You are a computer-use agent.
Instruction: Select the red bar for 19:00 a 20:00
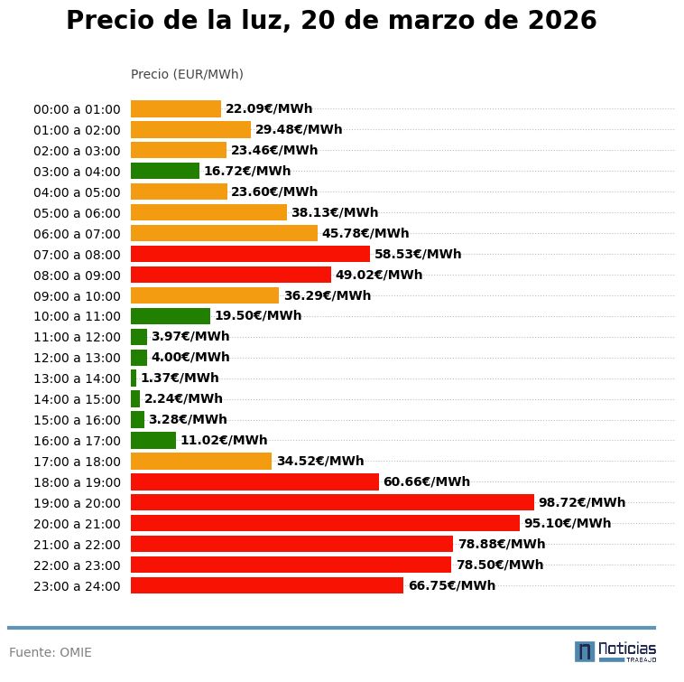coord(332,502)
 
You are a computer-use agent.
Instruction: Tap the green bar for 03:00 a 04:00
coord(165,171)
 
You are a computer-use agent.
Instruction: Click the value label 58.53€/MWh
coord(418,254)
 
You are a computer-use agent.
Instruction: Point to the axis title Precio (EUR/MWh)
coord(187,74)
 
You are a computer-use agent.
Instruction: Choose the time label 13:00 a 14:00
coord(77,378)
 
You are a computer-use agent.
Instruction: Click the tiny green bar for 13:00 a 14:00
coord(134,378)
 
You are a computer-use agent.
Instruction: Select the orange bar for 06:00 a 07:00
coord(224,233)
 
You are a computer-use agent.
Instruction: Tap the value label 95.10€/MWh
coord(568,523)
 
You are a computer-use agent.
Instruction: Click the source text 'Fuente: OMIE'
coord(51,652)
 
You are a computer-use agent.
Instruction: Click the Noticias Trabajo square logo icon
coord(585,651)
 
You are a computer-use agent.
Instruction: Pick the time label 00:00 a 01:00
coord(77,109)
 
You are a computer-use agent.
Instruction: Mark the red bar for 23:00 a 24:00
coord(267,585)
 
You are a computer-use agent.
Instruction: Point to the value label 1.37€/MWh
coord(180,378)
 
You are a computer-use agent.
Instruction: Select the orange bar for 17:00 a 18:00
coord(201,461)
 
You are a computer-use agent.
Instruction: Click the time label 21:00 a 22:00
coord(77,545)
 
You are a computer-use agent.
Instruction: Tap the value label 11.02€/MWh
coord(224,440)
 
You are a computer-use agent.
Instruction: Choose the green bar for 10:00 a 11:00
coord(171,316)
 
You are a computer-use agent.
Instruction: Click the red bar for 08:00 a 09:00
coord(231,275)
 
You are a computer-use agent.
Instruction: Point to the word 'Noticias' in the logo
coord(627,649)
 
